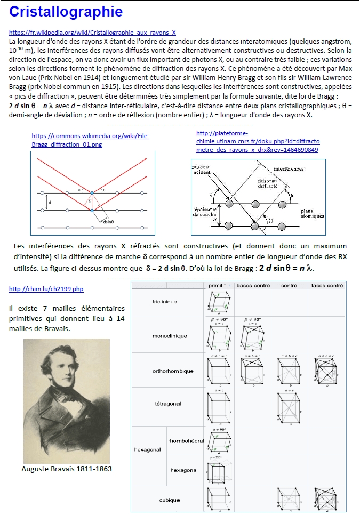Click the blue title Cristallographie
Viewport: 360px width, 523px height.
coord(66,12)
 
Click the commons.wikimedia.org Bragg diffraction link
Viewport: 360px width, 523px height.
coord(90,140)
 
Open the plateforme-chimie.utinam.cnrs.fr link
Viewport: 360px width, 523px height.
coord(258,141)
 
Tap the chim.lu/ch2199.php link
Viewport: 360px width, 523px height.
coord(46,289)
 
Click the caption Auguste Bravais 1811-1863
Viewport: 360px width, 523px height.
coord(67,469)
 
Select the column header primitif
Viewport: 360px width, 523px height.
coord(219,286)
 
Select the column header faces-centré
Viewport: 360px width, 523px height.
coord(326,286)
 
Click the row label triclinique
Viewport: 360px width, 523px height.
coord(164,302)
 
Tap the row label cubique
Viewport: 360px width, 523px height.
coord(170,500)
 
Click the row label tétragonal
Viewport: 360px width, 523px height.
coord(168,404)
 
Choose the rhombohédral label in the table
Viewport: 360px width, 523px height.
coord(186,441)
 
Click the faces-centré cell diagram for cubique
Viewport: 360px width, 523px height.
coord(326,499)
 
